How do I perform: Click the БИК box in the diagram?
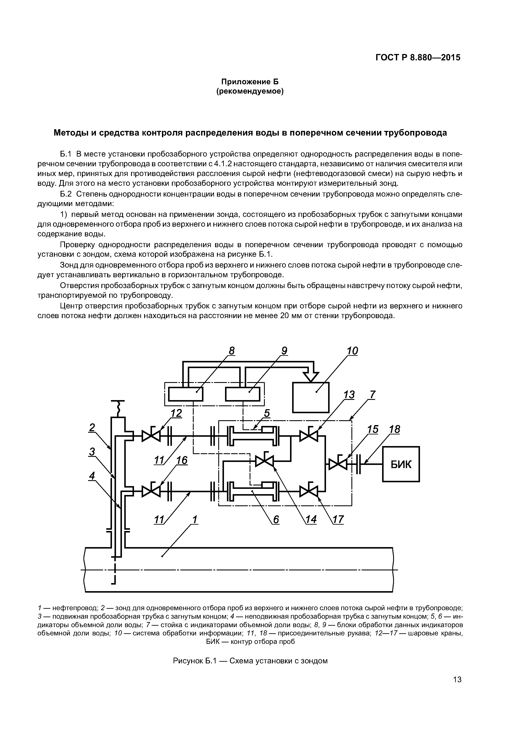[401, 464]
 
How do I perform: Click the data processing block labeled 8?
[186, 394]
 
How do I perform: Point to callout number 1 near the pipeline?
[195, 520]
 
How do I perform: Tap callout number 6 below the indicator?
[276, 520]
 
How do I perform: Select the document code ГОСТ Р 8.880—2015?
[418, 58]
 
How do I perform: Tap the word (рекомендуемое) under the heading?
[250, 91]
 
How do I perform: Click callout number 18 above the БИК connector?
[394, 429]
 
